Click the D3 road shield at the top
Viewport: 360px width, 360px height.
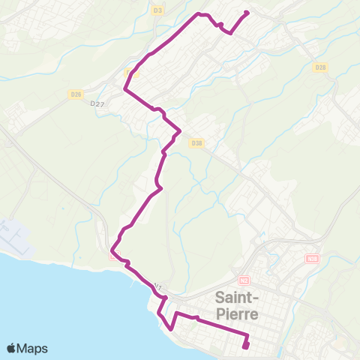(x=157, y=10)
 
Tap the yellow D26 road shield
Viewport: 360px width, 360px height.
(x=75, y=94)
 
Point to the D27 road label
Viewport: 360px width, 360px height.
(x=97, y=104)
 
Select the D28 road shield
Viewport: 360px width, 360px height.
(x=320, y=67)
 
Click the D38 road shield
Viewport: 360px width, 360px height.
(x=197, y=142)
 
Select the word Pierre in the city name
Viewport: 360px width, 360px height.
(x=240, y=313)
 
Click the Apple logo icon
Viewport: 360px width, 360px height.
(x=12, y=348)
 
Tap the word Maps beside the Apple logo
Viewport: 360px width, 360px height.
(x=33, y=348)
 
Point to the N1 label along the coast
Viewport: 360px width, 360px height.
(x=157, y=286)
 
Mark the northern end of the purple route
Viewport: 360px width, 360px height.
(x=247, y=12)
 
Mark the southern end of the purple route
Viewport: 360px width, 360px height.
(x=245, y=346)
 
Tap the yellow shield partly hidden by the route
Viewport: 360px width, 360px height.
(x=131, y=73)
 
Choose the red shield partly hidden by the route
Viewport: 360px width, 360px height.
(x=115, y=255)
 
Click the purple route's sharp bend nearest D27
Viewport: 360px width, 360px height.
(x=125, y=91)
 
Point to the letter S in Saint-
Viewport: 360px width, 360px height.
(x=220, y=295)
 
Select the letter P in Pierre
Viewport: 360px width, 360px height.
(x=220, y=313)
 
